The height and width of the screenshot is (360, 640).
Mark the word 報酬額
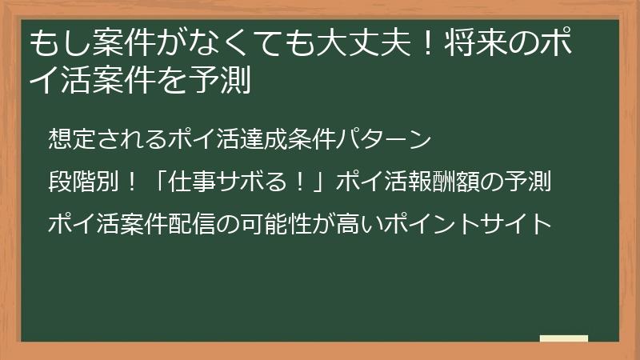(435, 181)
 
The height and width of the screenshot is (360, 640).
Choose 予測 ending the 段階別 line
(531, 181)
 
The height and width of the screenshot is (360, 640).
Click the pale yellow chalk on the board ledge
(563, 338)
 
